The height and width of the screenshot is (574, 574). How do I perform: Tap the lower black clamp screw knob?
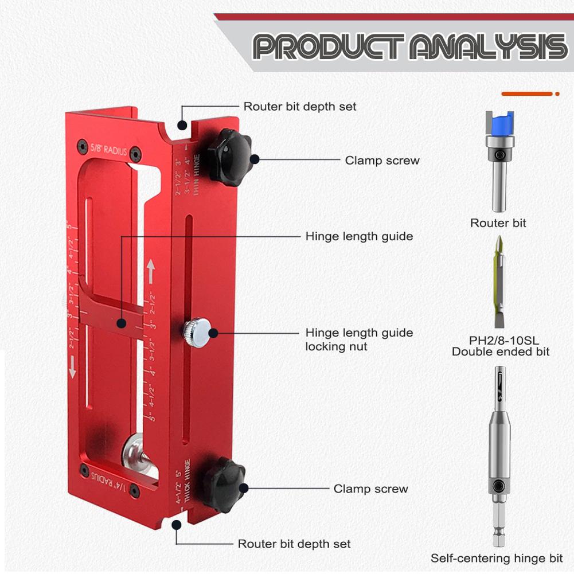click(224, 484)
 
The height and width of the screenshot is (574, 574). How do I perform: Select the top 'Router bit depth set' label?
click(300, 107)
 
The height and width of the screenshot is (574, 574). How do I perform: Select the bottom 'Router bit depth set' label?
click(294, 544)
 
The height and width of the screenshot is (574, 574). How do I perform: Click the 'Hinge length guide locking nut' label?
click(359, 339)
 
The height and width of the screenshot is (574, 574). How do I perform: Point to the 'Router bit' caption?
click(498, 223)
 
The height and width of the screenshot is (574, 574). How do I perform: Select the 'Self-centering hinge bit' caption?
click(497, 558)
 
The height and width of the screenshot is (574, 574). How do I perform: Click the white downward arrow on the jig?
click(73, 366)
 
